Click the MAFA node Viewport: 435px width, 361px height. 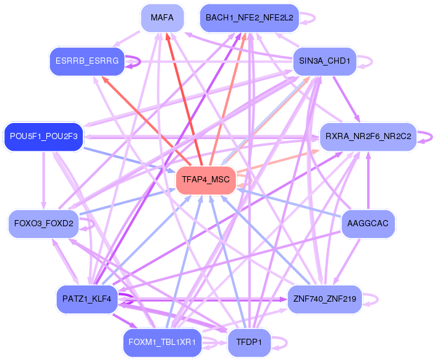point(163,18)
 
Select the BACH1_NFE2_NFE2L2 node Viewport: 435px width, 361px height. point(250,18)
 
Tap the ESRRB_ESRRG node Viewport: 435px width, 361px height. point(87,61)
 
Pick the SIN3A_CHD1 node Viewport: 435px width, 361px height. point(324,61)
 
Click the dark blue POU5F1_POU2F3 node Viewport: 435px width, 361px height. point(43,137)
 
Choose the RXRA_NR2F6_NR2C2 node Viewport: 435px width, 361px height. point(368,137)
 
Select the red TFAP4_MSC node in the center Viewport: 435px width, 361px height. point(206,180)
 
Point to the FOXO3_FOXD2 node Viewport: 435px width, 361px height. point(43,224)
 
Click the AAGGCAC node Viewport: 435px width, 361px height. point(368,224)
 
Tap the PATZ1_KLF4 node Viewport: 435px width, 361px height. point(87,299)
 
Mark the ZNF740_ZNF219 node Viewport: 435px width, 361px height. point(325,299)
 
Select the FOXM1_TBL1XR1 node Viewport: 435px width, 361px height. point(163,342)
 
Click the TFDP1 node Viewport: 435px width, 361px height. point(249,342)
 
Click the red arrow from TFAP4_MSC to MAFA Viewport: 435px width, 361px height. point(184,99)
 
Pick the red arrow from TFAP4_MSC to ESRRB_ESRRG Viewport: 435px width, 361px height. point(146,121)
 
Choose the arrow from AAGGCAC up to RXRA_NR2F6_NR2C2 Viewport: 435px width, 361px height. point(368,180)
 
